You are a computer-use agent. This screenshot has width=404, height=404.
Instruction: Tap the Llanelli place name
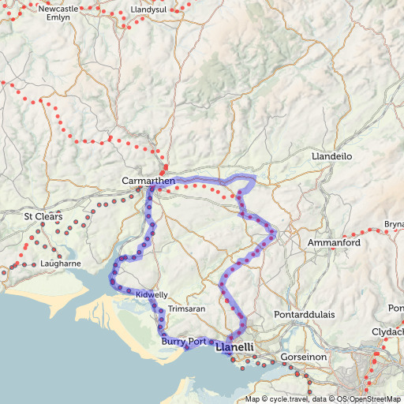click(234, 346)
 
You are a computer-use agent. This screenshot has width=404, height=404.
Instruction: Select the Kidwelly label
click(151, 294)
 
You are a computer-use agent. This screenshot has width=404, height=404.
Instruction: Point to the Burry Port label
click(183, 342)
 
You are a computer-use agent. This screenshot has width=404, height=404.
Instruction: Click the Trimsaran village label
click(187, 308)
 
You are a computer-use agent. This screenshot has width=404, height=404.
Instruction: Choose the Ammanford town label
click(334, 241)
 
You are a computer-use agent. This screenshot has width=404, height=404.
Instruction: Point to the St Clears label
click(41, 216)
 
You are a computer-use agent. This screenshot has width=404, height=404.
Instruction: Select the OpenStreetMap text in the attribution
click(376, 399)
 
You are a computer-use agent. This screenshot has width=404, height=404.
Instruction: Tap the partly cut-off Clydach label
click(388, 331)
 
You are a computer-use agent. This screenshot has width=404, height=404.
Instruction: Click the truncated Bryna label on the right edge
click(393, 224)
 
